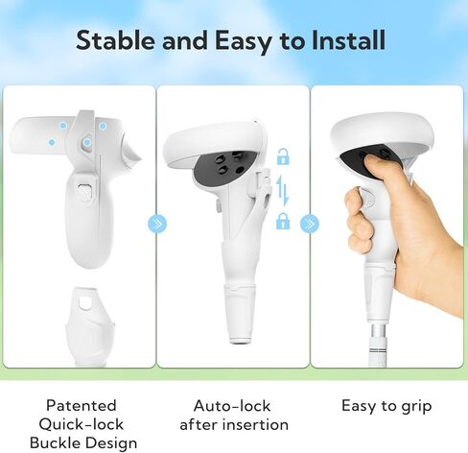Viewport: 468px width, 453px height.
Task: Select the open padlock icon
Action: (283, 157)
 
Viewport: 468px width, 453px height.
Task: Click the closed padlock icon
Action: (283, 222)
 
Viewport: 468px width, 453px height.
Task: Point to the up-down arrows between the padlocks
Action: (283, 189)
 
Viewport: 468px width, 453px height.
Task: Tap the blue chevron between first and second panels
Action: (156, 224)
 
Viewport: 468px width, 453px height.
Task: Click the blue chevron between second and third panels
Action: (309, 224)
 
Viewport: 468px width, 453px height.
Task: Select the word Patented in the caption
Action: (81, 405)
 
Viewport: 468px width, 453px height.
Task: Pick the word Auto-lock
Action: (232, 405)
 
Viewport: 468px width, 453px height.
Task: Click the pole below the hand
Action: (389, 331)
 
